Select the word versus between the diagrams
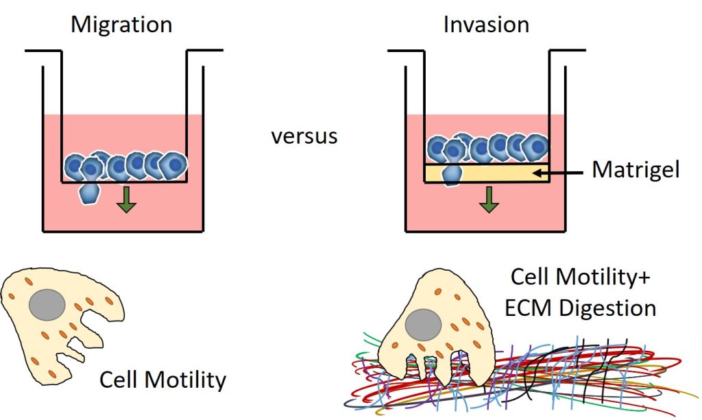pos(304,136)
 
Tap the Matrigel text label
pos(636,170)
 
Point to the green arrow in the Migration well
pos(125,200)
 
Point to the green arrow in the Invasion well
pos(488,200)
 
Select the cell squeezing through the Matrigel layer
pos(451,173)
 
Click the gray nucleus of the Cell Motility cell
pos(47,302)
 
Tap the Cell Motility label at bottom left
pos(162,380)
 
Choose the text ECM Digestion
pos(580,307)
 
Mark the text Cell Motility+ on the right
pos(580,278)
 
